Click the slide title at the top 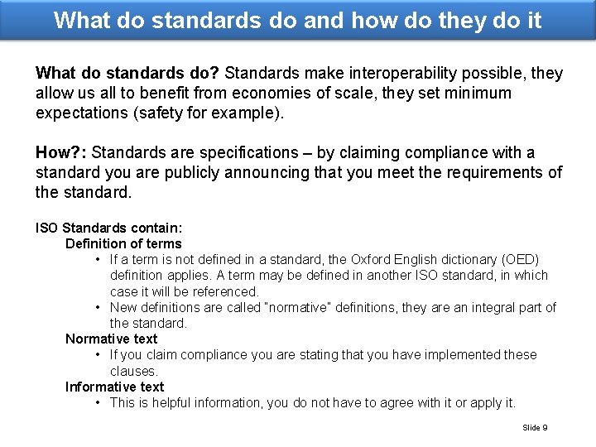pos(298,20)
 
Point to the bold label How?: pos(62,153)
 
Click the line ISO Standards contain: pos(108,228)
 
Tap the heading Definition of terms pos(123,243)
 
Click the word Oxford pos(374,259)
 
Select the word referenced pos(224,291)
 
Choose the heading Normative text pos(111,339)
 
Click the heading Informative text pos(114,387)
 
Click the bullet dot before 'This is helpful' pos(99,402)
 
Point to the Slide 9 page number pos(535,428)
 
